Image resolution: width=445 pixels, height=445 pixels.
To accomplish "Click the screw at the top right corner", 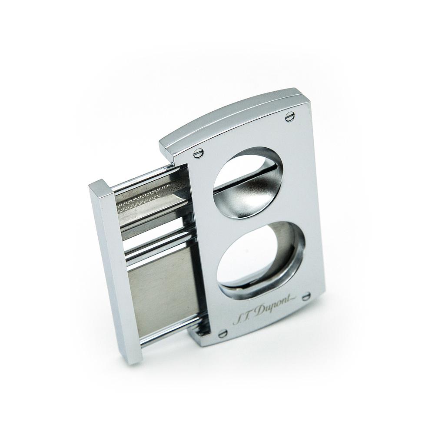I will coord(290,116).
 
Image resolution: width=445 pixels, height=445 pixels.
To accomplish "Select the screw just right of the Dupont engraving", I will coord(306,296).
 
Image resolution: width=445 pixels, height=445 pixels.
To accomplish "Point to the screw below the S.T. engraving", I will coord(222,334).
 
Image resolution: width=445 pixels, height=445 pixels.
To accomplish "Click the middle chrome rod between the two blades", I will coord(156,247).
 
